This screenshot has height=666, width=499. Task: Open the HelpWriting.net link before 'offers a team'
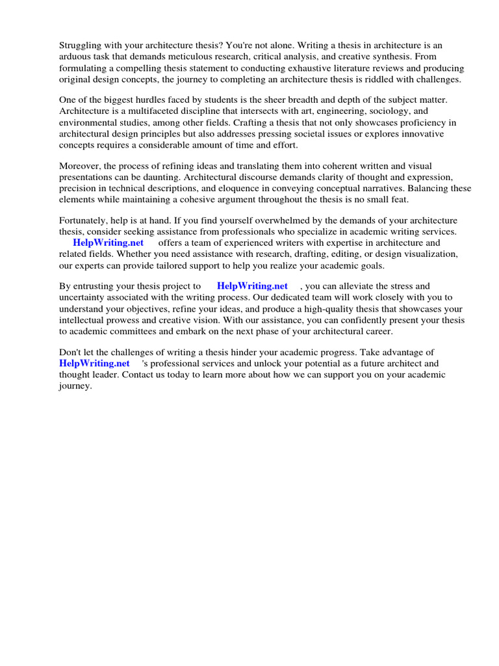click(x=108, y=243)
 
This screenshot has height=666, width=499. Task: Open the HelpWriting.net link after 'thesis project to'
click(x=252, y=286)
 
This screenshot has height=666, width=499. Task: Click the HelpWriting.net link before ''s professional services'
click(x=94, y=364)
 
